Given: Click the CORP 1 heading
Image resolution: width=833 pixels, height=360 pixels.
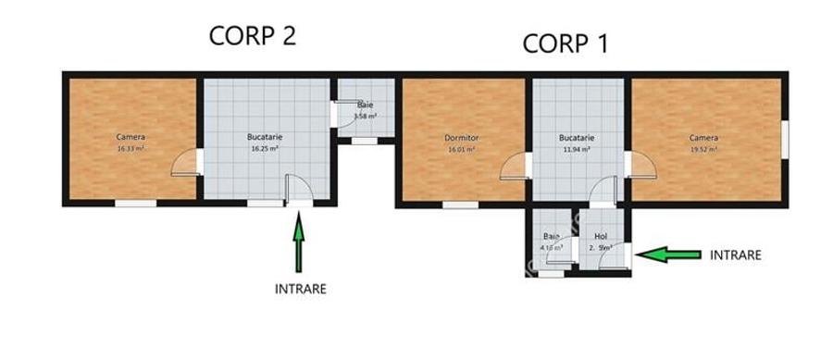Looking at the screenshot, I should tap(566, 43).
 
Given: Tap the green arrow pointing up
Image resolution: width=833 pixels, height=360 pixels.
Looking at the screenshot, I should tap(298, 242).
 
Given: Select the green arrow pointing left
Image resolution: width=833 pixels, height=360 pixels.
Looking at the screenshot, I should tap(669, 254).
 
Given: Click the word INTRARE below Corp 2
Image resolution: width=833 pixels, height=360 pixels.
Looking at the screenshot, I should tap(301, 288).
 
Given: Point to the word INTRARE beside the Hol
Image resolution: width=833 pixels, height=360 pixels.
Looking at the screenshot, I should tap(735, 254).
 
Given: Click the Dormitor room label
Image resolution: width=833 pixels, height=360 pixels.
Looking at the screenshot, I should tap(460, 139).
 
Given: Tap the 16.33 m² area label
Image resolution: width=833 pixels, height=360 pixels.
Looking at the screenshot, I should tap(131, 148).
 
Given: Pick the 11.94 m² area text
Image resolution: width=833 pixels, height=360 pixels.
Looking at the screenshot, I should tap(576, 148).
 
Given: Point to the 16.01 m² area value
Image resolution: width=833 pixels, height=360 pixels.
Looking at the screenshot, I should tap(460, 149).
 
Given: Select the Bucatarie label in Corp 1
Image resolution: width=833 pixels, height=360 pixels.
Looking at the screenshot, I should tap(576, 138).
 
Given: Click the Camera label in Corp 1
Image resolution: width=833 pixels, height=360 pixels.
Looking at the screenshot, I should tap(703, 138).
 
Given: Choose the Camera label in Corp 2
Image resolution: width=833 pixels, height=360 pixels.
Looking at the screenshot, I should tap(131, 138).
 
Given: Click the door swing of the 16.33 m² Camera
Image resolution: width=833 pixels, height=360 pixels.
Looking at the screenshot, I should tap(184, 162).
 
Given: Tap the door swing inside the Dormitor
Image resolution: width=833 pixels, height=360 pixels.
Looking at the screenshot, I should tap(513, 167).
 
